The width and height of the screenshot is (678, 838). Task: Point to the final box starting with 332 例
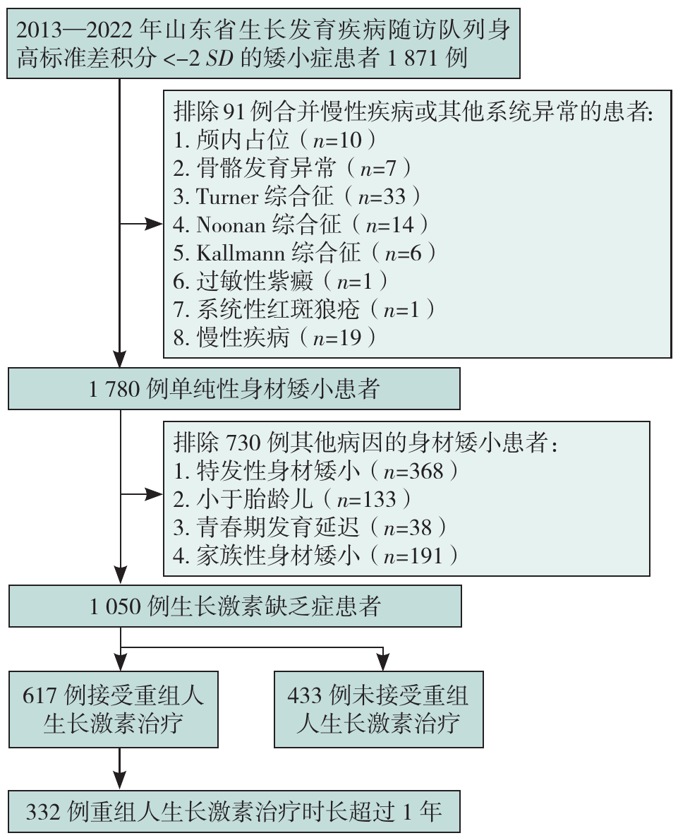click(x=234, y=811)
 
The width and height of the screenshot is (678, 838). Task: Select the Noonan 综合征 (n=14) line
click(x=301, y=225)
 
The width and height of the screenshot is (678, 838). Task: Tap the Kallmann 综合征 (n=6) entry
click(x=305, y=253)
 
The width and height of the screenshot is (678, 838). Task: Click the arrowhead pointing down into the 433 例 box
click(x=382, y=662)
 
